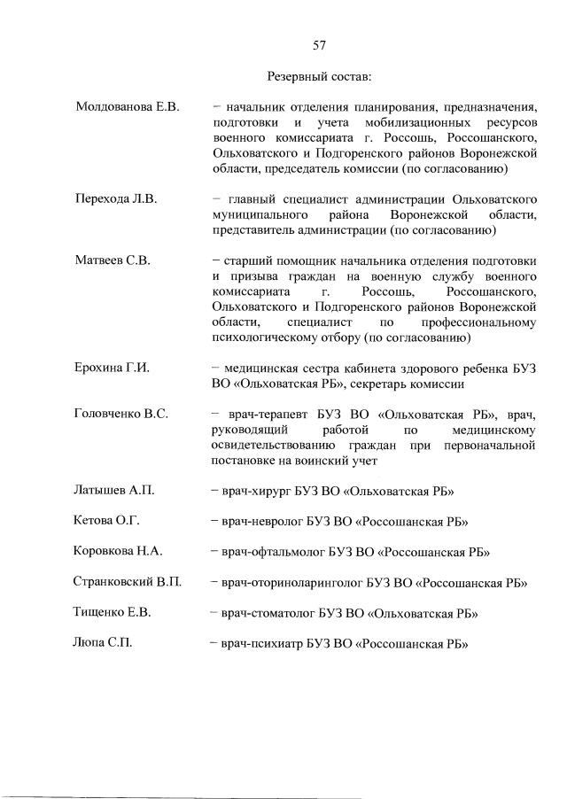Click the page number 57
pyautogui.click(x=320, y=45)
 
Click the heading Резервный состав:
pyautogui.click(x=320, y=77)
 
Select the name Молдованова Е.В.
pyautogui.click(x=128, y=108)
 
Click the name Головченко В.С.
pyautogui.click(x=121, y=414)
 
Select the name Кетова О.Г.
pyautogui.click(x=107, y=521)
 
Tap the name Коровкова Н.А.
pyautogui.click(x=118, y=551)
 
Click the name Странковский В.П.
pyautogui.click(x=128, y=582)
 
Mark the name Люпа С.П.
pyautogui.click(x=103, y=643)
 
